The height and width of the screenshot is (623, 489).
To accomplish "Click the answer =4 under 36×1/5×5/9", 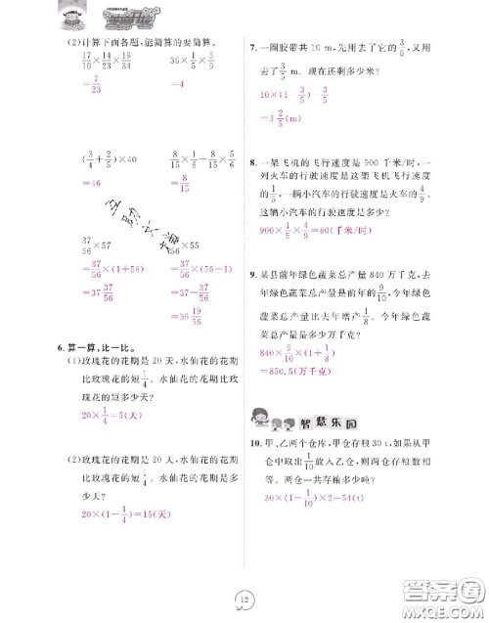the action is coord(178,84).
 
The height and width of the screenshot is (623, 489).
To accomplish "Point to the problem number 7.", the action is coord(253,45).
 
